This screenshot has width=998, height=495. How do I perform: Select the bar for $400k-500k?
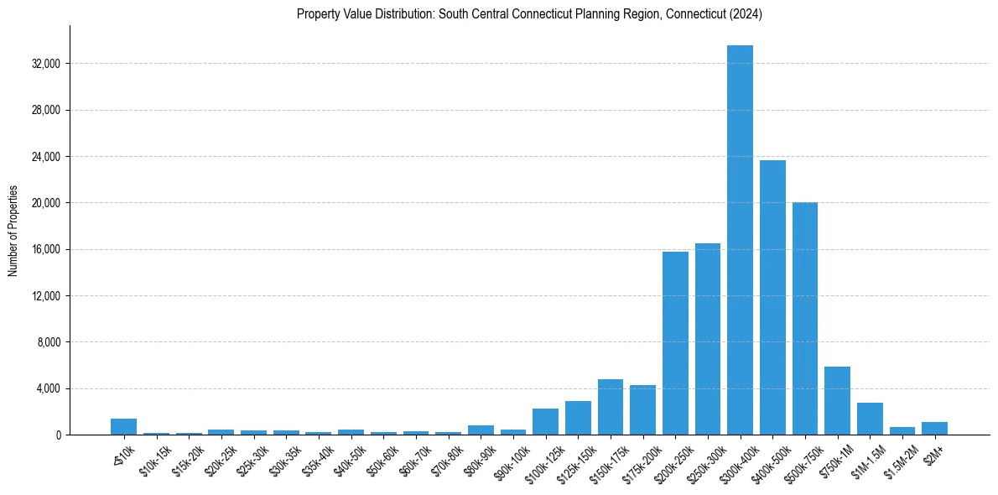772,297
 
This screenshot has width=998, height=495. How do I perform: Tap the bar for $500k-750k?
805,319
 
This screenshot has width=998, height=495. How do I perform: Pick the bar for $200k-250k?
675,343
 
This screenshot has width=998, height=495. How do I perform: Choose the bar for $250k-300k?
708,339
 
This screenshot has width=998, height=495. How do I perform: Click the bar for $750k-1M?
837,401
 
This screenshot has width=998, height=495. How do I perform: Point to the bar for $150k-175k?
611,407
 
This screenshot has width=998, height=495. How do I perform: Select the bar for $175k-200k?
642,410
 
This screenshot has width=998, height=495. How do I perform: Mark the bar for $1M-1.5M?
870,419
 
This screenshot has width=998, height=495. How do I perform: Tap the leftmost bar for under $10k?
123,426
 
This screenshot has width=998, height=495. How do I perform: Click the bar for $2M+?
934,428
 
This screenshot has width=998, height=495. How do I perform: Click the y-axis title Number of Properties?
13,231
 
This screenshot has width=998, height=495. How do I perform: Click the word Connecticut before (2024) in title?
697,14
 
